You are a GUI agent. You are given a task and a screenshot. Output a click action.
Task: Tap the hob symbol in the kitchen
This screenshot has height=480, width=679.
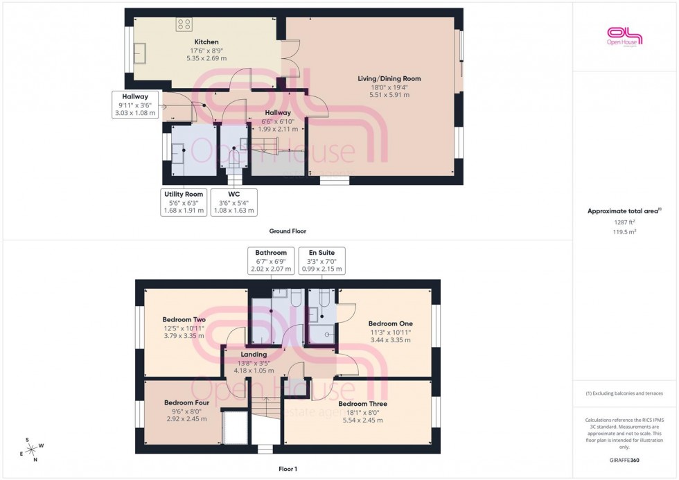tap(184, 25)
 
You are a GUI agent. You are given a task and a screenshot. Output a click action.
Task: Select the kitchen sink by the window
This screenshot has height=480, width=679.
tap(141, 53)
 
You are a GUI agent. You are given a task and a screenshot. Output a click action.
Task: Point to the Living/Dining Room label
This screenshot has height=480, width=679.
tap(389, 79)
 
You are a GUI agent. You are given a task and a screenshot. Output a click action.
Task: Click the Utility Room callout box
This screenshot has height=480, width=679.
tap(184, 202)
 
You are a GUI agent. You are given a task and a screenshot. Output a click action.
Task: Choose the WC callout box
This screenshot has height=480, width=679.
tap(233, 202)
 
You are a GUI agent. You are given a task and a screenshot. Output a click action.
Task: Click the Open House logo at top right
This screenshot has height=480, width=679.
tap(624, 36)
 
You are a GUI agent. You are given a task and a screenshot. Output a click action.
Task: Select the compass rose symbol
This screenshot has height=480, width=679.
tap(31, 450)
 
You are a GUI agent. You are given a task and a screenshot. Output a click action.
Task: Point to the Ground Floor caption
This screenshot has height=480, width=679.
tap(288, 231)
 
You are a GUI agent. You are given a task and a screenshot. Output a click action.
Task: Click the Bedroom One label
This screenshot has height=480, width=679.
tap(390, 323)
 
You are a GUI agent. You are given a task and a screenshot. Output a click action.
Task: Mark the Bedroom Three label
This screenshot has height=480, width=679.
tap(362, 404)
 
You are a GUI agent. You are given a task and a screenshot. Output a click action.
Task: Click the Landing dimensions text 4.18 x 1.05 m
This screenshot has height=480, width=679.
tap(254, 371)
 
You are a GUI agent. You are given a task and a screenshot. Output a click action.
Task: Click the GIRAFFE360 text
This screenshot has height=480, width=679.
tap(624, 459)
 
